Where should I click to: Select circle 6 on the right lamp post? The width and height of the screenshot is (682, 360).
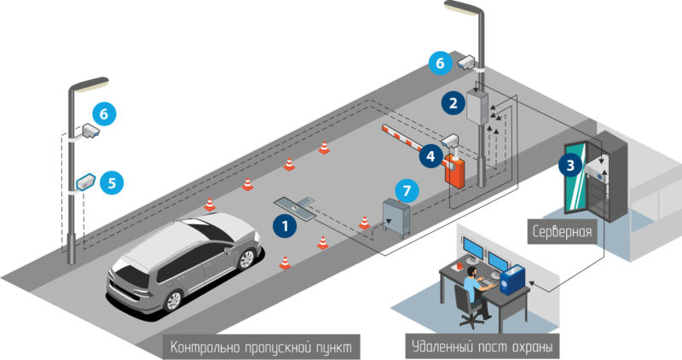[x=441, y=62]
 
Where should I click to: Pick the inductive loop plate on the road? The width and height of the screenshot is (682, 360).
[x=294, y=204]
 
